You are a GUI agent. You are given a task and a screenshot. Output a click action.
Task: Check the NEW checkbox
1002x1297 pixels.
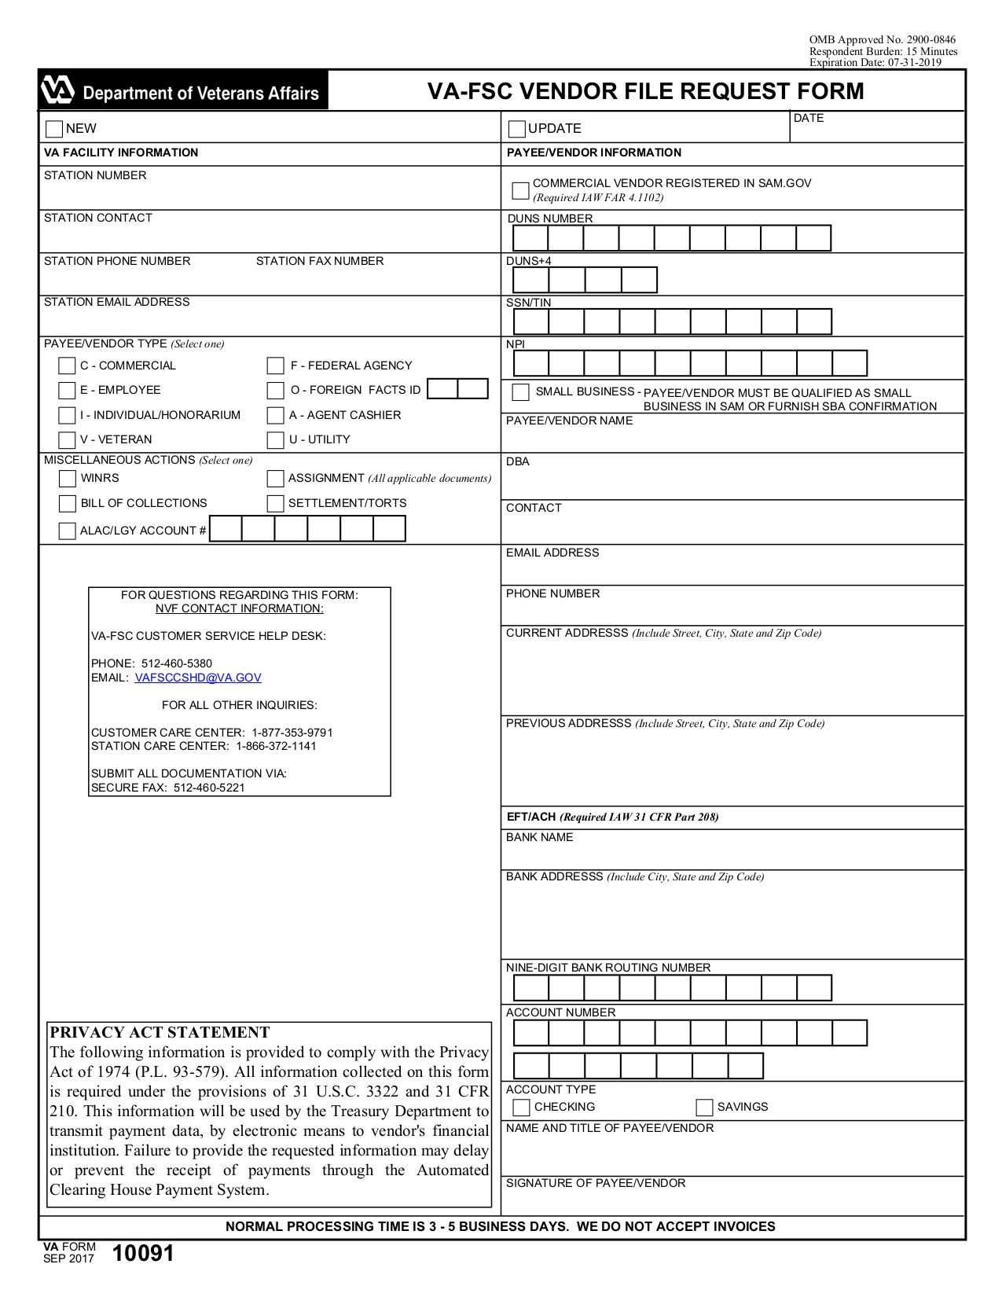tap(54, 129)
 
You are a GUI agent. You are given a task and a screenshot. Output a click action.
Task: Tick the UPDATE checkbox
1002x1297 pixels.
tap(517, 129)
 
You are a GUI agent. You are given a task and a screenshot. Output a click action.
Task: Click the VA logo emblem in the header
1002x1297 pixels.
tap(57, 91)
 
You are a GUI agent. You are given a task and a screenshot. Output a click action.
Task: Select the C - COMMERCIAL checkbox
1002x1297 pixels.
tap(68, 366)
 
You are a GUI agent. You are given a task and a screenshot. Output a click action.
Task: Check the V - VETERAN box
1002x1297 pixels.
tap(68, 440)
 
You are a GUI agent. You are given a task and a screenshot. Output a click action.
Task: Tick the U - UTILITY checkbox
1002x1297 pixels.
tap(275, 440)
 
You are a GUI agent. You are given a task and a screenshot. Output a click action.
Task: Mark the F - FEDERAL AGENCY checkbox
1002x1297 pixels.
tap(275, 366)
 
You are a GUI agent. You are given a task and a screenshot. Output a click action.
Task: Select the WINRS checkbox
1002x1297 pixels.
tap(68, 479)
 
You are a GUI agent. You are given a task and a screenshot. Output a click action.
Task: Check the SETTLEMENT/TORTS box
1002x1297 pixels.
tap(275, 504)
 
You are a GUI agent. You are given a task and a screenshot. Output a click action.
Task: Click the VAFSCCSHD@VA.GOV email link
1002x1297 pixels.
tap(198, 678)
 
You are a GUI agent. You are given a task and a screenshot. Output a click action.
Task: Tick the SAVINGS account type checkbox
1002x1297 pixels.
tap(704, 1108)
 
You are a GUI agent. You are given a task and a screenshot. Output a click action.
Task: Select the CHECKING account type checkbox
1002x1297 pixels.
tap(521, 1108)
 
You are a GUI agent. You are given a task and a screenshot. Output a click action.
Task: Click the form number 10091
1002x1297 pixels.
tap(143, 1254)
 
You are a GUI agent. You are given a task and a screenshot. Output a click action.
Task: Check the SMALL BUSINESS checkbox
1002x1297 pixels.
tap(521, 392)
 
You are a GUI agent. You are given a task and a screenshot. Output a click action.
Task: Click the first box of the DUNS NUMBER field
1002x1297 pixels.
tap(530, 238)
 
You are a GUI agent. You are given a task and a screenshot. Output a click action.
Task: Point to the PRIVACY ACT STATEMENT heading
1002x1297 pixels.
tap(160, 1033)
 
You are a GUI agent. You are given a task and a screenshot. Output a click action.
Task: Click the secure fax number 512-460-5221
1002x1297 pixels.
tap(209, 788)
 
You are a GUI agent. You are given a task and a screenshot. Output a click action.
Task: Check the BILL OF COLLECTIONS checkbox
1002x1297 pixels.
tap(68, 504)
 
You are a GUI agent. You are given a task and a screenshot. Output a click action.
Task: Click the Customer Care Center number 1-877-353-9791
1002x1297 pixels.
tap(292, 733)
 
